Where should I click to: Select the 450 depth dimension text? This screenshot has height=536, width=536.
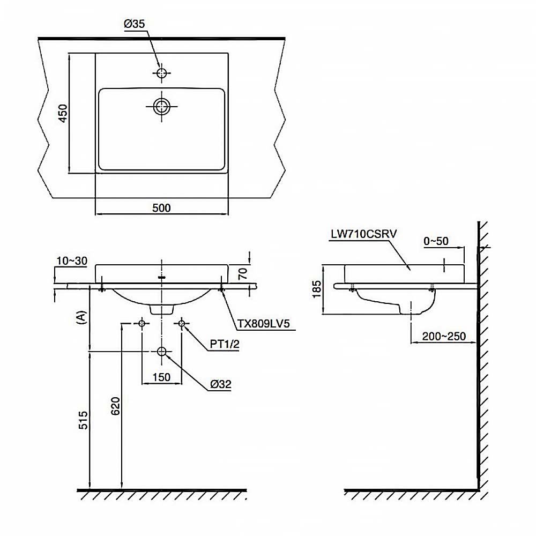(x=63, y=114)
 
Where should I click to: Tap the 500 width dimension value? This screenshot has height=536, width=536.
(x=161, y=207)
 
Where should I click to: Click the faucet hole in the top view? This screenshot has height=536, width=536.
(x=161, y=72)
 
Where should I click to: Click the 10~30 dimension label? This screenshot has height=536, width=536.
(x=71, y=261)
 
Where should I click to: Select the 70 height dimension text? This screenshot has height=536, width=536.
(x=242, y=274)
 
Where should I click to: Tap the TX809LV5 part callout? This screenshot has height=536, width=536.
(x=264, y=324)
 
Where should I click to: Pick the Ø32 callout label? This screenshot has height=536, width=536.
(x=221, y=384)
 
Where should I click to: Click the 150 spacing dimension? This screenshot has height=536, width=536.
(x=161, y=377)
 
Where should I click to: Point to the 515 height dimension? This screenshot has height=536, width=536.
(x=81, y=421)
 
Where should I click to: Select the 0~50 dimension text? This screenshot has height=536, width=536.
(x=436, y=241)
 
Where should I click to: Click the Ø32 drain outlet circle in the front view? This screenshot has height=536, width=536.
(x=162, y=352)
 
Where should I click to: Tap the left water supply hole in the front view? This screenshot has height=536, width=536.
(x=142, y=323)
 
